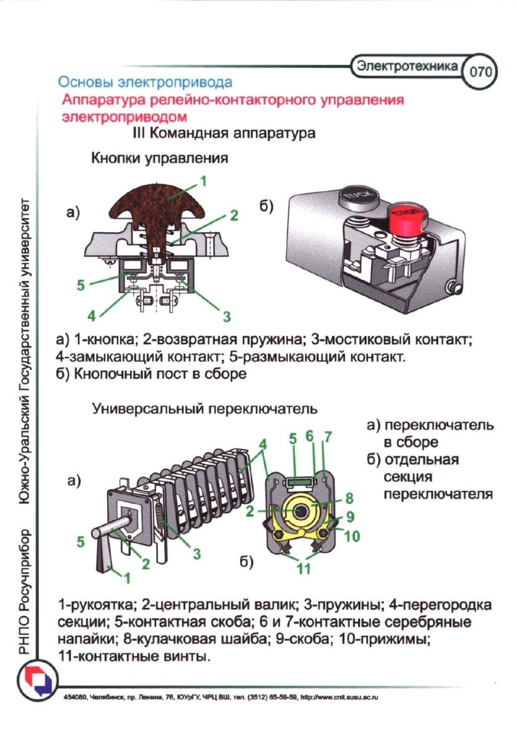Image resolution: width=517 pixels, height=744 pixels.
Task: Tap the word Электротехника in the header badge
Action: (408, 65)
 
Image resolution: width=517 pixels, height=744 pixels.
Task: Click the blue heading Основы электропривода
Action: (145, 81)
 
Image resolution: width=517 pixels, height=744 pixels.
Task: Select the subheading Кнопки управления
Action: (160, 158)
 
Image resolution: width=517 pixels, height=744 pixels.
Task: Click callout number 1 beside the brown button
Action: (202, 182)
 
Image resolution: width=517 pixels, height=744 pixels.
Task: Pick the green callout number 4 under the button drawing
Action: (91, 316)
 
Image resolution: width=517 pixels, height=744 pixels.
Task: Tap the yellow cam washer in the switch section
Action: (301, 509)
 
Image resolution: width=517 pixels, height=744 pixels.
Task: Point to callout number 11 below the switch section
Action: (304, 568)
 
